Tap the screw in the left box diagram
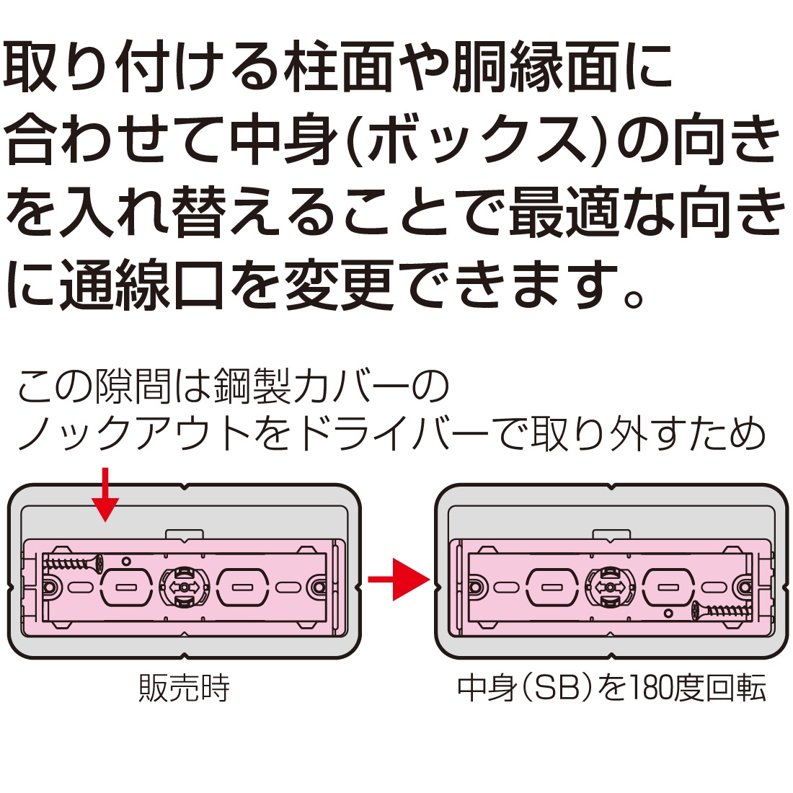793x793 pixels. (73, 562)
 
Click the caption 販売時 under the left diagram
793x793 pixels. (184, 689)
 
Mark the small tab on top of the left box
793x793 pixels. (183, 534)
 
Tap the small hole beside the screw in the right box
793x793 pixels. (668, 613)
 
